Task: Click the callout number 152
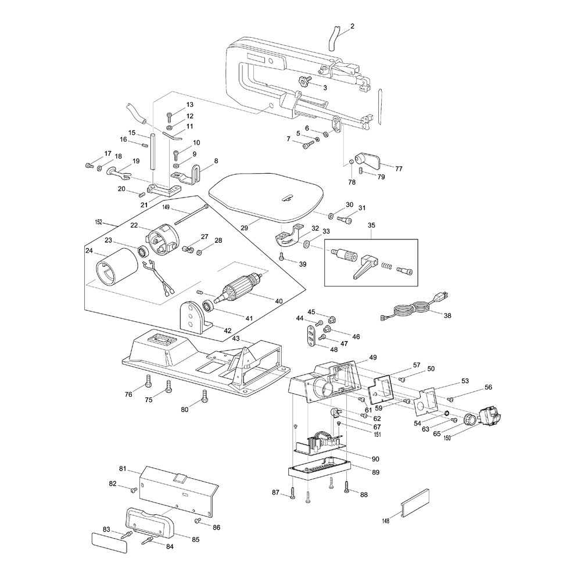click(98, 222)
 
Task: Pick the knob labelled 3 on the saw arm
click(304, 82)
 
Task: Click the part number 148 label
click(385, 519)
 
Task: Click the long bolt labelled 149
click(191, 214)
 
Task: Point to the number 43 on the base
click(236, 338)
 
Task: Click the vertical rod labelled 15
click(153, 152)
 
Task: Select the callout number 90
click(375, 459)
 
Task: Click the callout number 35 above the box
click(372, 225)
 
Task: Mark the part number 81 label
click(123, 468)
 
